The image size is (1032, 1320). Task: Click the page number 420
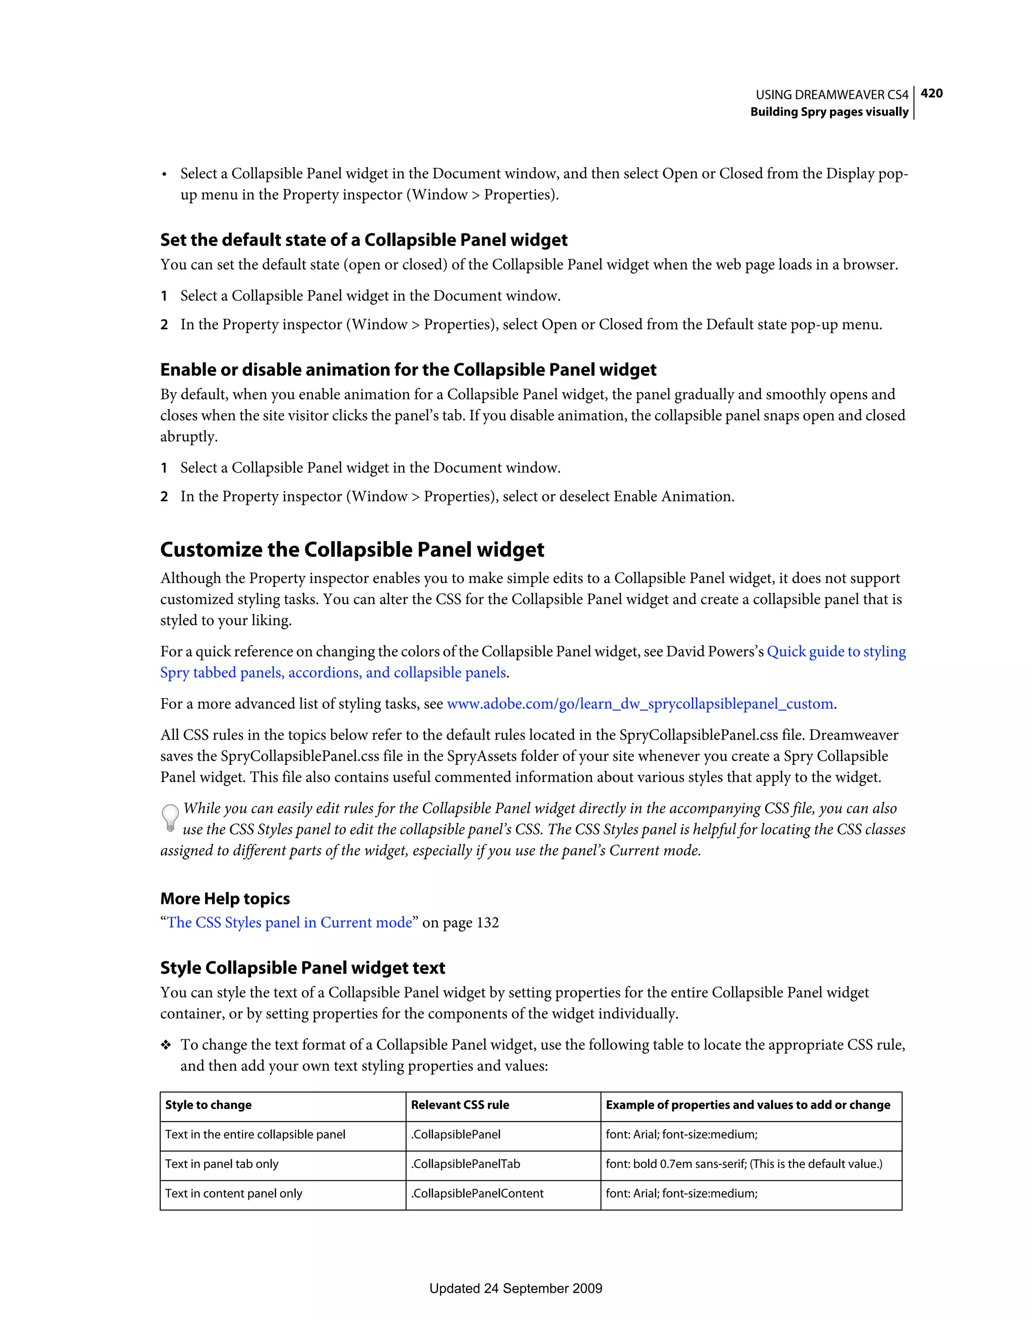(931, 93)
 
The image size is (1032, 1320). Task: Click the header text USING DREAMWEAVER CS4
(831, 95)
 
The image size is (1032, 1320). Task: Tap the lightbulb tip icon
(170, 818)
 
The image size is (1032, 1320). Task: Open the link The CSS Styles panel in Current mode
(290, 922)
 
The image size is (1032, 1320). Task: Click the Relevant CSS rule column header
(460, 1105)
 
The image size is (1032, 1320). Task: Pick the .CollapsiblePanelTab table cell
(466, 1164)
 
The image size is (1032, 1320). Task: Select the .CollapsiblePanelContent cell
(477, 1194)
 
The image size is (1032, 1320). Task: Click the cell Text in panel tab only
(222, 1164)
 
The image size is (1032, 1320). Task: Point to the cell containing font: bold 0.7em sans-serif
(744, 1164)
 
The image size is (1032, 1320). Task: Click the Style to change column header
(209, 1105)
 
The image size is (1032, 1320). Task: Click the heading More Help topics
(225, 899)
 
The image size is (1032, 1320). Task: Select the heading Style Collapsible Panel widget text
(302, 968)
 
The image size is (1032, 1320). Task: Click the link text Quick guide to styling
(836, 651)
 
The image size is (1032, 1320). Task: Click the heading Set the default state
(363, 240)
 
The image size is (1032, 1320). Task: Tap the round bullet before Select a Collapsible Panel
(164, 175)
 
